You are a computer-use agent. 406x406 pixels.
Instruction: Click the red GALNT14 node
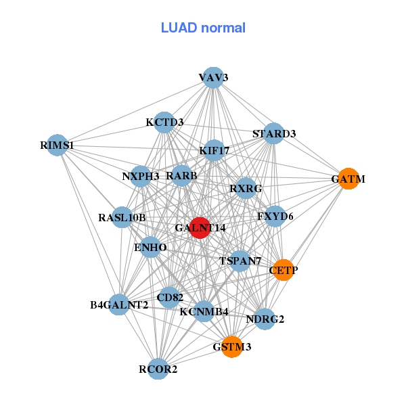tap(200, 228)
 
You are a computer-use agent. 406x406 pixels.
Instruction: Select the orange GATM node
tap(348, 179)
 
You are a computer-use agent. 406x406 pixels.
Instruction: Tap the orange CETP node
tap(284, 269)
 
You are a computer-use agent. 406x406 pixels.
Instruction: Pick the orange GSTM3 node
tap(231, 346)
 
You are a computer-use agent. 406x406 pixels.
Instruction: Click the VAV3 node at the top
tap(213, 77)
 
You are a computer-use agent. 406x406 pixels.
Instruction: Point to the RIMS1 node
tap(57, 145)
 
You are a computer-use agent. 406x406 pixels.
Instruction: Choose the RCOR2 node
tap(158, 369)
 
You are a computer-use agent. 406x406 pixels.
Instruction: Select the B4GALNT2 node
tap(119, 304)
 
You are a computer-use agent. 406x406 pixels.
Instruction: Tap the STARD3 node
tap(273, 133)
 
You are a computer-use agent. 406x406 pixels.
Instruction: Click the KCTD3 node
tap(164, 122)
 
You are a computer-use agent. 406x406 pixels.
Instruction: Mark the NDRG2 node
tap(265, 319)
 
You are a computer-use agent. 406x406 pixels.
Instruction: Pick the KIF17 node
tap(214, 150)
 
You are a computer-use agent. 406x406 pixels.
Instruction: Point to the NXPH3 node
tap(140, 176)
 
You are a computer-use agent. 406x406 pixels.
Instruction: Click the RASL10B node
tap(122, 217)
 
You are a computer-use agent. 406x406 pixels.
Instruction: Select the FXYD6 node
tap(275, 217)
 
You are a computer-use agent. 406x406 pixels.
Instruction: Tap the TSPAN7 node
tap(240, 261)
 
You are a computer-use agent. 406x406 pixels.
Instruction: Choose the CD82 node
tap(170, 296)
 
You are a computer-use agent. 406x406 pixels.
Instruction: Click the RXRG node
tap(245, 187)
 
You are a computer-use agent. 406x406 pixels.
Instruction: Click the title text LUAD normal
tap(203, 28)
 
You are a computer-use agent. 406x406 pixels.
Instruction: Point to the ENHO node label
tap(150, 248)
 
